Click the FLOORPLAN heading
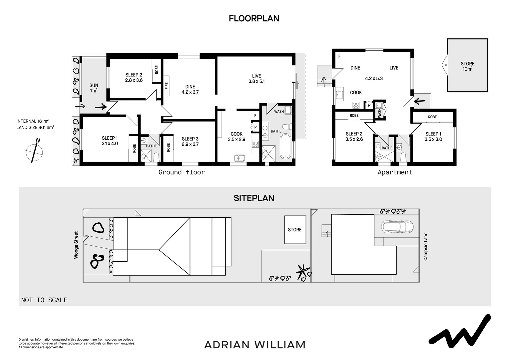tap(254, 18)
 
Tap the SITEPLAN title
tap(254, 198)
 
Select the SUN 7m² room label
tap(94, 88)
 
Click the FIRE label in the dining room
tap(167, 86)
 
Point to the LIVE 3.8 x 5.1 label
tap(256, 78)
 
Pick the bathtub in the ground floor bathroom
tap(285, 146)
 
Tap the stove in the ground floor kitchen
tap(255, 144)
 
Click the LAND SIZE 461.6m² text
tap(35, 127)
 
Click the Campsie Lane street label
tap(426, 246)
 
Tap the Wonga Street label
tap(76, 245)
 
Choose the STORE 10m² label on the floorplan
tap(467, 66)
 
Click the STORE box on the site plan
tap(295, 230)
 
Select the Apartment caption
tap(395, 172)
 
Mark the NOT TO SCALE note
tap(44, 300)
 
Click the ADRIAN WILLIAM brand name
tap(254, 345)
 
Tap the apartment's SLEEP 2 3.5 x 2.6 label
tap(354, 136)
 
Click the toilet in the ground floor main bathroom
tap(287, 126)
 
